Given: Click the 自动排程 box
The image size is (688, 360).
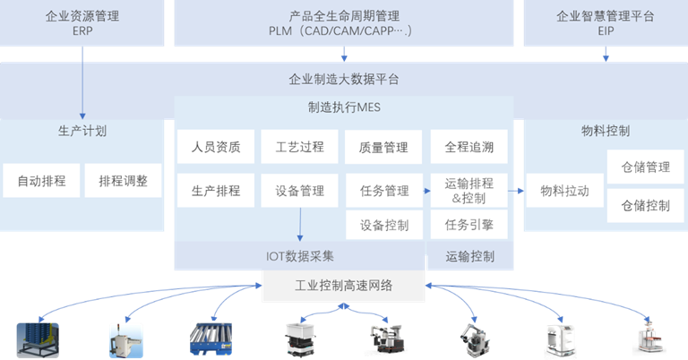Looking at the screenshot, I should point(41,181).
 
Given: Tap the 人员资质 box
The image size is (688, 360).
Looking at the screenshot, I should point(216,147).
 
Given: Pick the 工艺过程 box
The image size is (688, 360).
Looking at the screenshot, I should point(299,147).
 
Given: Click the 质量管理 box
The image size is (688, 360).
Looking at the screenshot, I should point(383,147).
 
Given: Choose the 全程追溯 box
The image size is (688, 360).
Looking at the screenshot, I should point(469,147).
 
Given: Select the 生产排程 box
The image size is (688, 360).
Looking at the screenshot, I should point(216,190).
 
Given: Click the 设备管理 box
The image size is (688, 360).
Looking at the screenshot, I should point(299,190).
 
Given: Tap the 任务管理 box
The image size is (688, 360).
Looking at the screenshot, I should point(383,190).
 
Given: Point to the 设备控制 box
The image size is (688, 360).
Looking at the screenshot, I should point(383,224).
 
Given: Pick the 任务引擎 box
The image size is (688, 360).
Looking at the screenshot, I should point(469,224).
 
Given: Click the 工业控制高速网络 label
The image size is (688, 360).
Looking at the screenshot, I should point(344,287).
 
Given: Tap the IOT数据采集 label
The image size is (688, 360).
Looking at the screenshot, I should point(299,256).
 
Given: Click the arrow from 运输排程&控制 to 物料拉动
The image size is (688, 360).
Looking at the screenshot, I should point(515,191).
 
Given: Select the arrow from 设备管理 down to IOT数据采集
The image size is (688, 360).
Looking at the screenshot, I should point(299,224).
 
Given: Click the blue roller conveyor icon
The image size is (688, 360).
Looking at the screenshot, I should point(211,339).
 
